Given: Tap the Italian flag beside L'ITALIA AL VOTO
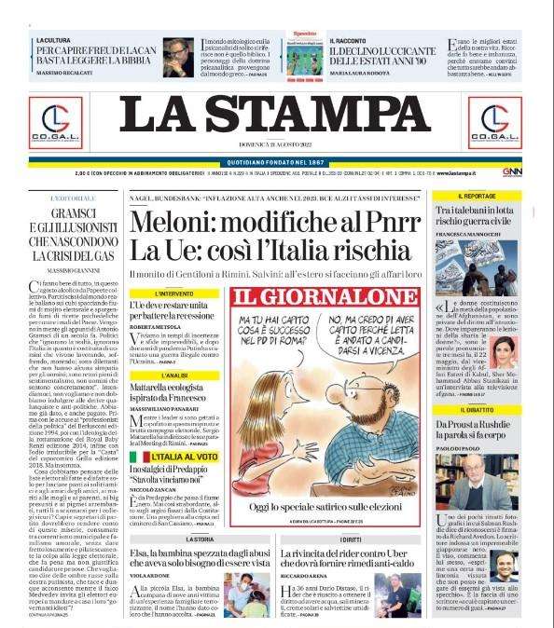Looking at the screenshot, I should (x=135, y=458).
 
